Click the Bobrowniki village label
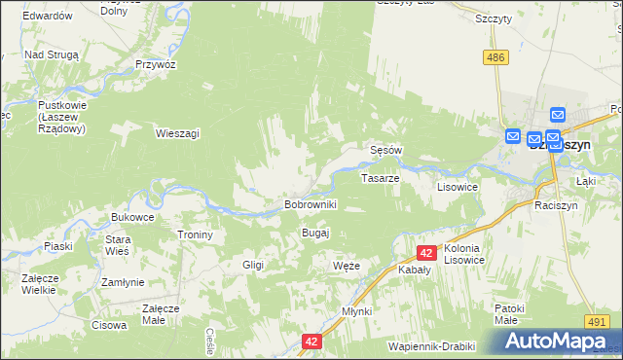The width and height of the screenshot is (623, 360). [x=310, y=205]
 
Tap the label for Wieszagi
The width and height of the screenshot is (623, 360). [x=178, y=134]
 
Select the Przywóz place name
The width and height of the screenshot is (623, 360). [x=156, y=63]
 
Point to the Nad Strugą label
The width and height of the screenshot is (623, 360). [x=51, y=55]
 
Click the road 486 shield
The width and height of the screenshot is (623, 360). [x=496, y=58]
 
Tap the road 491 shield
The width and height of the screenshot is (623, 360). [x=597, y=320]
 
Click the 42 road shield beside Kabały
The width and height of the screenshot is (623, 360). [x=425, y=253]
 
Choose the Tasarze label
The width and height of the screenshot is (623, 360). [x=381, y=179]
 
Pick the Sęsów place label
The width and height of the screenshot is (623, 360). [x=386, y=151]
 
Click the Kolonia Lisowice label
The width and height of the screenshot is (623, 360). [x=468, y=255]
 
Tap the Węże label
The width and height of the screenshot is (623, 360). [x=347, y=266]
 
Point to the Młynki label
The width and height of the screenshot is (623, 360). [x=357, y=311]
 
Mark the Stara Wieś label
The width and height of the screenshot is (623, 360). [x=118, y=244]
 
